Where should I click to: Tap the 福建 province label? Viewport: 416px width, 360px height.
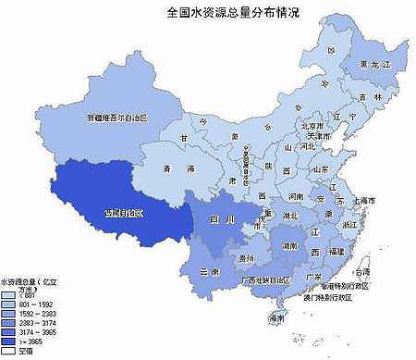[x=341, y=252]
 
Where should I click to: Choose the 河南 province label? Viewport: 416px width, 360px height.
[x=295, y=197]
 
